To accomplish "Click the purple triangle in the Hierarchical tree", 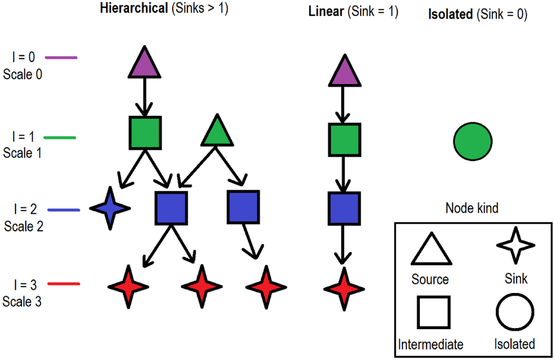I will pyautogui.click(x=144, y=65).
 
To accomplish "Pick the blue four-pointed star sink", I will pyautogui.click(x=110, y=208).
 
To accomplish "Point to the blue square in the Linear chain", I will pyautogui.click(x=344, y=208).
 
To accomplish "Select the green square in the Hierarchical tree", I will pyautogui.click(x=145, y=133).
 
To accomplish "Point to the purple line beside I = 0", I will pyautogui.click(x=61, y=58).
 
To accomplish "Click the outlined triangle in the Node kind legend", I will pyautogui.click(x=430, y=250).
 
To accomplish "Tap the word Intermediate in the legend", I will pyautogui.click(x=431, y=344).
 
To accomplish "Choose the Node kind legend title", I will pyautogui.click(x=472, y=208).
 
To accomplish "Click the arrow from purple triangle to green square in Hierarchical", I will pyautogui.click(x=144, y=97).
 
